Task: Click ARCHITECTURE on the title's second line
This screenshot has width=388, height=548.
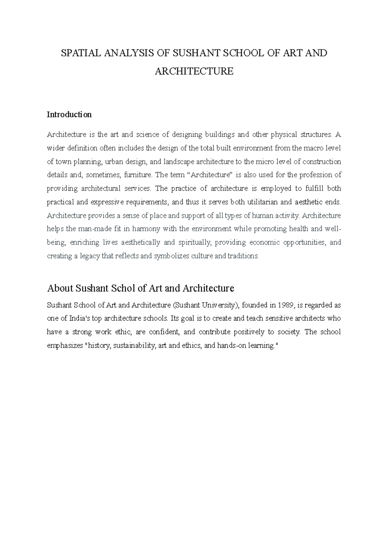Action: click(x=194, y=71)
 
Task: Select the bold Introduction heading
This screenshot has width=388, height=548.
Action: click(x=69, y=115)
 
